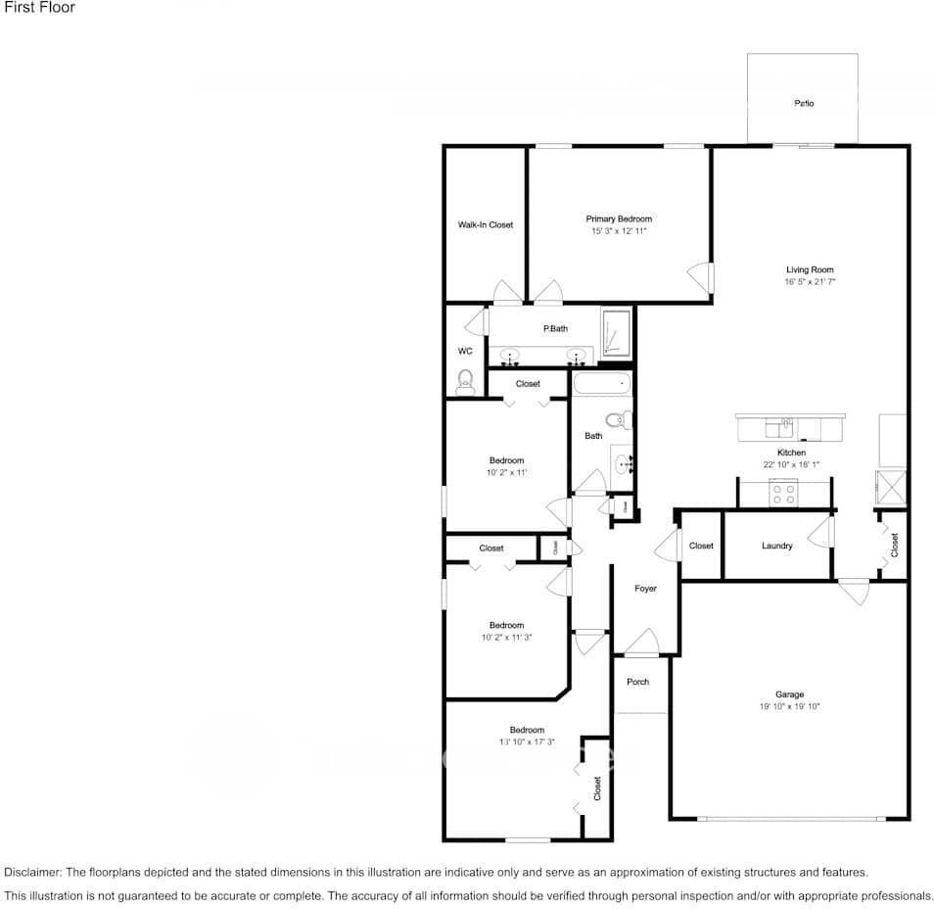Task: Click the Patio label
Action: click(x=804, y=103)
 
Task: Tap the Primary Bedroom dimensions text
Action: click(x=619, y=231)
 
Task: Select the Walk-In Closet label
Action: click(x=486, y=225)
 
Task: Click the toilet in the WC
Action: click(x=465, y=382)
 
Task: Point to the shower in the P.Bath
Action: click(x=615, y=334)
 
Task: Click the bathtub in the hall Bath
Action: click(x=602, y=383)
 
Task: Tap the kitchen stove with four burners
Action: click(x=783, y=494)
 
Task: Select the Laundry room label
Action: click(x=776, y=546)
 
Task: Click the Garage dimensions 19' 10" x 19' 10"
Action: click(x=789, y=706)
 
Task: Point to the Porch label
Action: click(x=637, y=682)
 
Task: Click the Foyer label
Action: click(x=645, y=589)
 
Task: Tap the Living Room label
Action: click(x=810, y=269)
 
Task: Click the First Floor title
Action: click(x=39, y=8)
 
